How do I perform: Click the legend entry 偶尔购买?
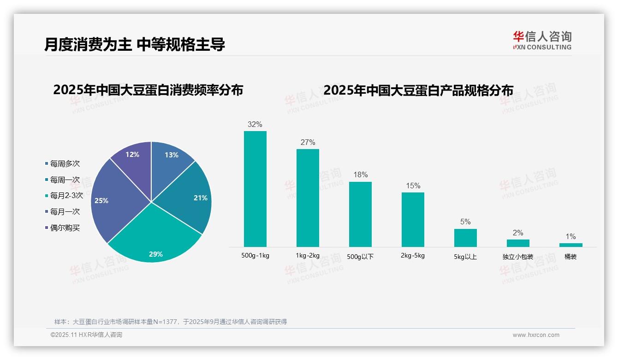[x=65, y=228]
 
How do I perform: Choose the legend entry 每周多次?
[x=65, y=163]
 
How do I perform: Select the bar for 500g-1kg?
[x=255, y=189]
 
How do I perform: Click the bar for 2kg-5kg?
[x=413, y=219]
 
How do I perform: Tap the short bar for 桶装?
[x=570, y=245]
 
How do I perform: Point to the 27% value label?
[x=308, y=143]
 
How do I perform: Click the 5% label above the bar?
[x=465, y=222]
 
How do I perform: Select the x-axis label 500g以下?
[x=361, y=257]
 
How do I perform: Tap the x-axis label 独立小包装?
[x=518, y=257]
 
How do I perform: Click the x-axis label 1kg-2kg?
[x=308, y=255]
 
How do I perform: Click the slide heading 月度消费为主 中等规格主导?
[x=135, y=45]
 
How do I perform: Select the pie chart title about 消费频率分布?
[x=148, y=90]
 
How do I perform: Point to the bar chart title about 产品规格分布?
[x=418, y=90]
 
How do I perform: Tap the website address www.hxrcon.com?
[x=536, y=335]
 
